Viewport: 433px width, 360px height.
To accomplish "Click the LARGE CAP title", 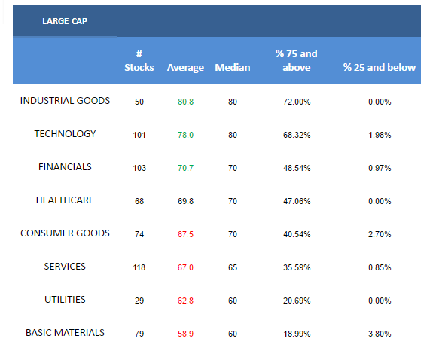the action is [x=65, y=21].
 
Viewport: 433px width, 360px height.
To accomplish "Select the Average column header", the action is [x=185, y=68].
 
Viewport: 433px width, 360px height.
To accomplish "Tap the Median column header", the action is [x=233, y=68].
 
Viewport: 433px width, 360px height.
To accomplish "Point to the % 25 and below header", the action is [x=380, y=68].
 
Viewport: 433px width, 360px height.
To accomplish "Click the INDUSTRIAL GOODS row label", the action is [x=65, y=101].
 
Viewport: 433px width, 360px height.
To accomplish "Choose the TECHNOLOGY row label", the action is [x=65, y=134].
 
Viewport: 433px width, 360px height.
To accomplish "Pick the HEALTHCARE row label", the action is [x=65, y=200].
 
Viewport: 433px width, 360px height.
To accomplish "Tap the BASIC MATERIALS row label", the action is [x=65, y=333].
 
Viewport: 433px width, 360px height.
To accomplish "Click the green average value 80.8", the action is [x=185, y=102].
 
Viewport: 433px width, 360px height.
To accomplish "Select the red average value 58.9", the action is [x=185, y=334].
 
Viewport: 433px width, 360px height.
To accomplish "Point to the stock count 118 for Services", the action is [x=139, y=267].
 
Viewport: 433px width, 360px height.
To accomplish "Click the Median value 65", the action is [x=233, y=267].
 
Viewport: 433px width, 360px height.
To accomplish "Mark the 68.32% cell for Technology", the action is [x=297, y=135].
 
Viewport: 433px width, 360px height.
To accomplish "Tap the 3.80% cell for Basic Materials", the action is [x=380, y=334].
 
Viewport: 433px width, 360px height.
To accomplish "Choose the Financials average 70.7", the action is [x=185, y=168].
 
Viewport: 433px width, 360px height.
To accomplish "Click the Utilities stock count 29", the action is [x=139, y=301].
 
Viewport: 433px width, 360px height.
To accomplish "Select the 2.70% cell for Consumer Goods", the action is [x=380, y=234].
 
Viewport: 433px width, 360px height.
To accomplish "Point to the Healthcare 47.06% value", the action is [x=297, y=201].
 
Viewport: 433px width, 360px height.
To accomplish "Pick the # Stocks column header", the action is [x=139, y=61].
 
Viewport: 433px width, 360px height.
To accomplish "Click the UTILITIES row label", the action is [x=65, y=300].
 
